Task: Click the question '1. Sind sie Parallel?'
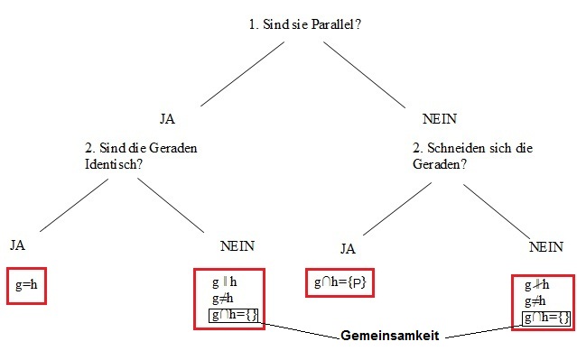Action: pyautogui.click(x=305, y=24)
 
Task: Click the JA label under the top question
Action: pyautogui.click(x=167, y=118)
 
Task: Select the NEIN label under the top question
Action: pyautogui.click(x=440, y=118)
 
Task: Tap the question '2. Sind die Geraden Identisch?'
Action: pyautogui.click(x=135, y=155)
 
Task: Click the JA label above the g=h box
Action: pyautogui.click(x=18, y=245)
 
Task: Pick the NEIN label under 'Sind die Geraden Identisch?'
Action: pyautogui.click(x=237, y=246)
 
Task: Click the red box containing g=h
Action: pyautogui.click(x=26, y=285)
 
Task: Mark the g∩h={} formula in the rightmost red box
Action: pyautogui.click(x=546, y=318)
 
